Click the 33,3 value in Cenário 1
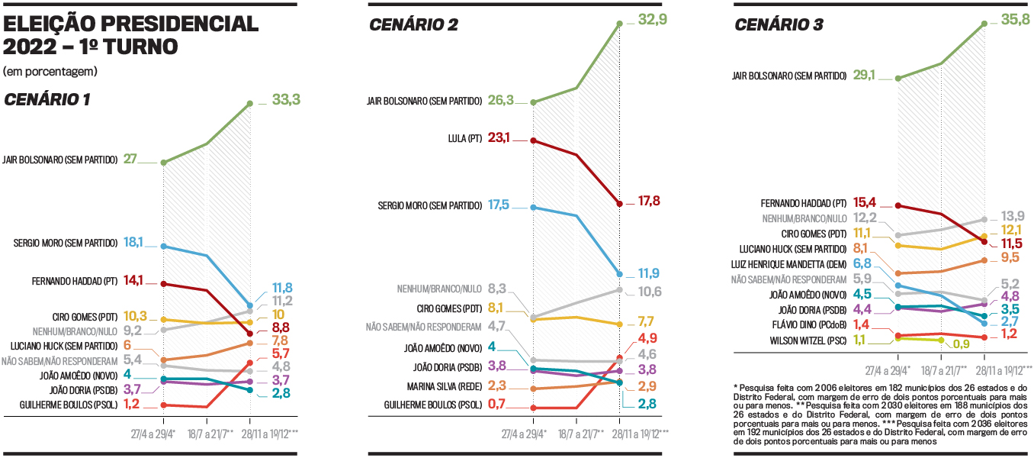click(285, 99)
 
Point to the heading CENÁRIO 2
click(413, 25)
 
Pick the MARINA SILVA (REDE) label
click(445, 386)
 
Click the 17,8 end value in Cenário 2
click(648, 202)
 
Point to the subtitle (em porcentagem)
click(50, 71)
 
